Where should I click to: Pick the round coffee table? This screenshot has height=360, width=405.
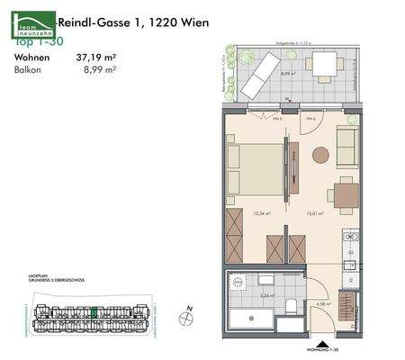[320, 155]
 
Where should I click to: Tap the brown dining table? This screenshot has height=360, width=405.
[343, 194]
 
